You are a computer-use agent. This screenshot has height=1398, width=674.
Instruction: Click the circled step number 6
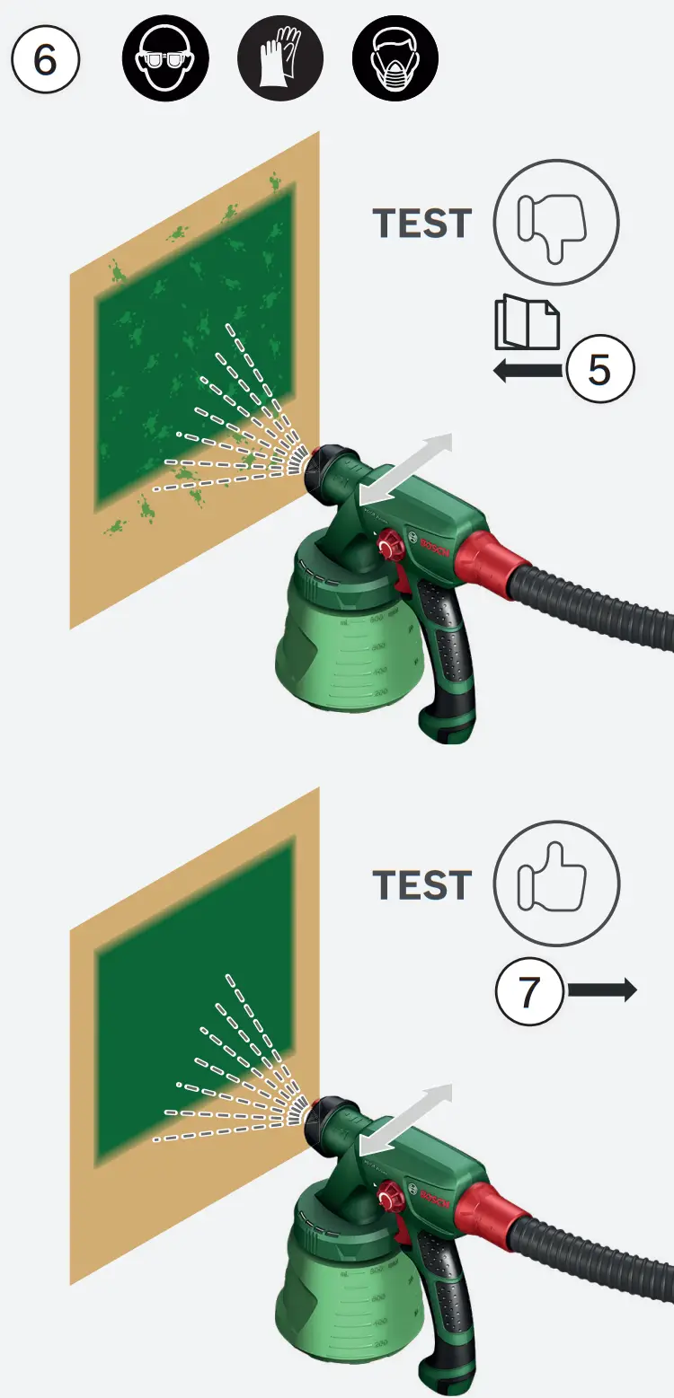click(x=46, y=60)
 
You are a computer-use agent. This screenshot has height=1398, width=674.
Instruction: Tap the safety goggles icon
click(x=165, y=60)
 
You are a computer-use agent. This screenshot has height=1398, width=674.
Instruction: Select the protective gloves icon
click(x=280, y=60)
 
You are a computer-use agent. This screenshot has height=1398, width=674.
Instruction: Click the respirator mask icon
click(x=395, y=60)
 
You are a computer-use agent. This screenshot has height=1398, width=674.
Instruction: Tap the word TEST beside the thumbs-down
click(x=422, y=224)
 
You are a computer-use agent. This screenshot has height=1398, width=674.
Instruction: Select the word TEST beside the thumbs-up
click(x=422, y=885)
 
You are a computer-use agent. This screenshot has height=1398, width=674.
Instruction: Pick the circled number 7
click(x=529, y=992)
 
